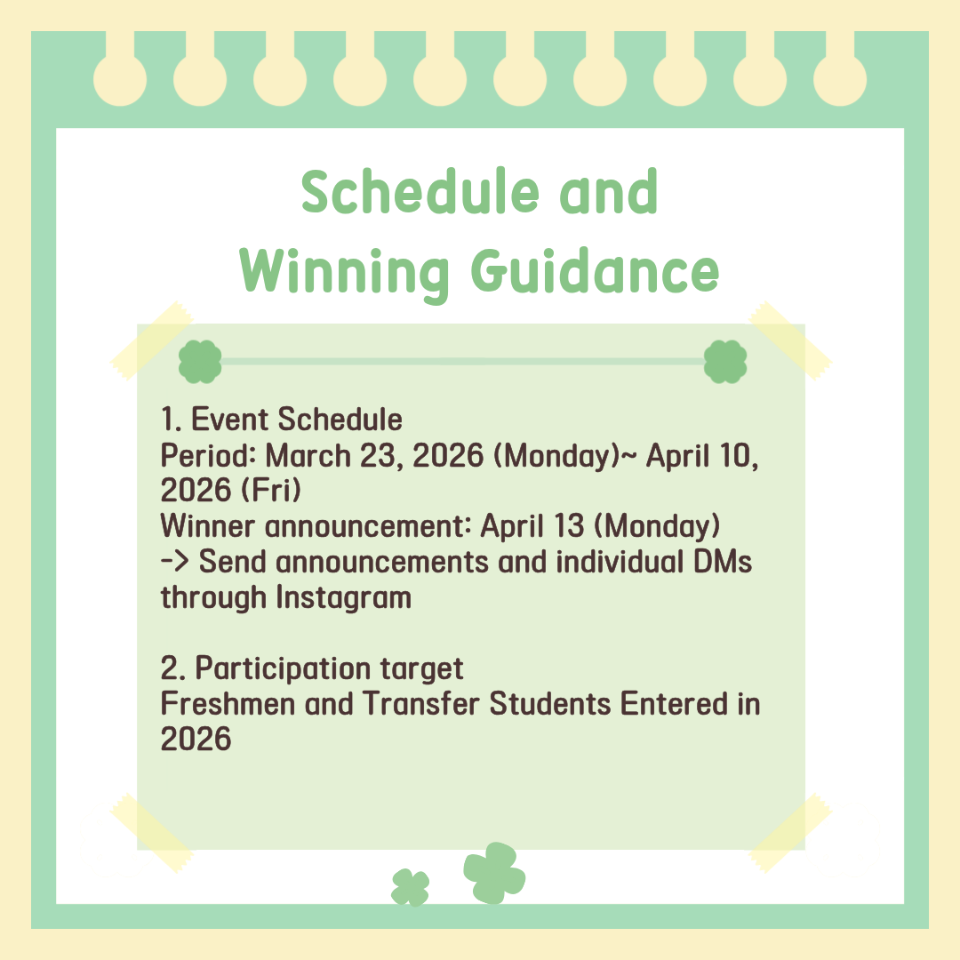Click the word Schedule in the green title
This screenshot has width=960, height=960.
click(x=420, y=191)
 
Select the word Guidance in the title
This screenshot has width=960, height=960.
click(x=595, y=270)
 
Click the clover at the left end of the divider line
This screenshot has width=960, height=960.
click(x=200, y=362)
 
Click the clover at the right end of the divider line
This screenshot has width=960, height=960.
click(x=725, y=362)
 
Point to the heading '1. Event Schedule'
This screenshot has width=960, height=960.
click(x=282, y=420)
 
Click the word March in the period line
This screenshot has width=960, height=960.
click(x=308, y=456)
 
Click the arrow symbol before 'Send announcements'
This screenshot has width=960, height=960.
click(x=174, y=562)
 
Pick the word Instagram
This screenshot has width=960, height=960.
click(x=343, y=598)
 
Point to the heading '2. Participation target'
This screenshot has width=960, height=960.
click(x=312, y=668)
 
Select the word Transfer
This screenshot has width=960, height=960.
click(x=421, y=703)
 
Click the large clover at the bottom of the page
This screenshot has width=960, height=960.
click(x=494, y=873)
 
